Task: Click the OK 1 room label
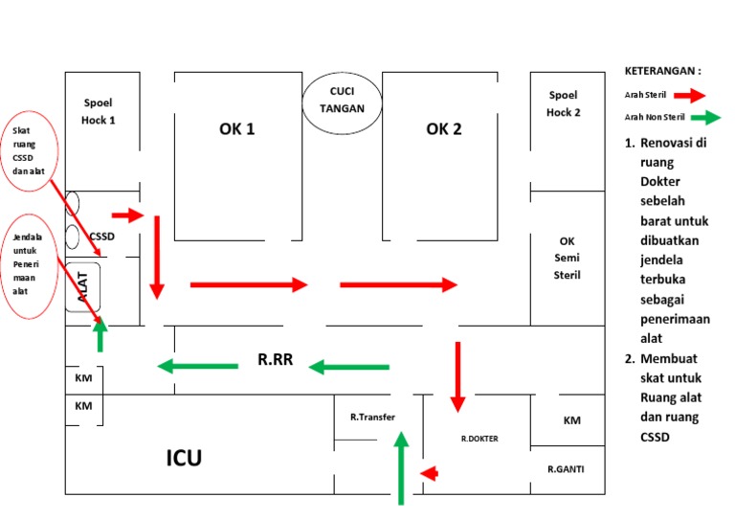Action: tap(236, 129)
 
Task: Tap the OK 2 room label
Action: tap(444, 129)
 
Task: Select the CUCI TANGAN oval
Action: tap(342, 101)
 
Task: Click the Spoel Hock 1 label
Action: tap(99, 111)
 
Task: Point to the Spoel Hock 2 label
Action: tap(564, 103)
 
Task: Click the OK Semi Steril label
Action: tap(567, 258)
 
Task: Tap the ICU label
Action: tap(184, 458)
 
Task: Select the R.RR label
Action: tap(276, 361)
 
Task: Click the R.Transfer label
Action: tap(372, 417)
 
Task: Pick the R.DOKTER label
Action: tap(479, 440)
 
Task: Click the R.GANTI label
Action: tap(566, 469)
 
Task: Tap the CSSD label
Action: tap(101, 236)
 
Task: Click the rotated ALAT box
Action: tap(82, 286)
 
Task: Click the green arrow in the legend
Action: tap(703, 118)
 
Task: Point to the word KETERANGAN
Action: tap(662, 71)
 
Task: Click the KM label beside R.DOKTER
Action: tap(571, 420)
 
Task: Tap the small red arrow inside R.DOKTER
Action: tap(430, 472)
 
